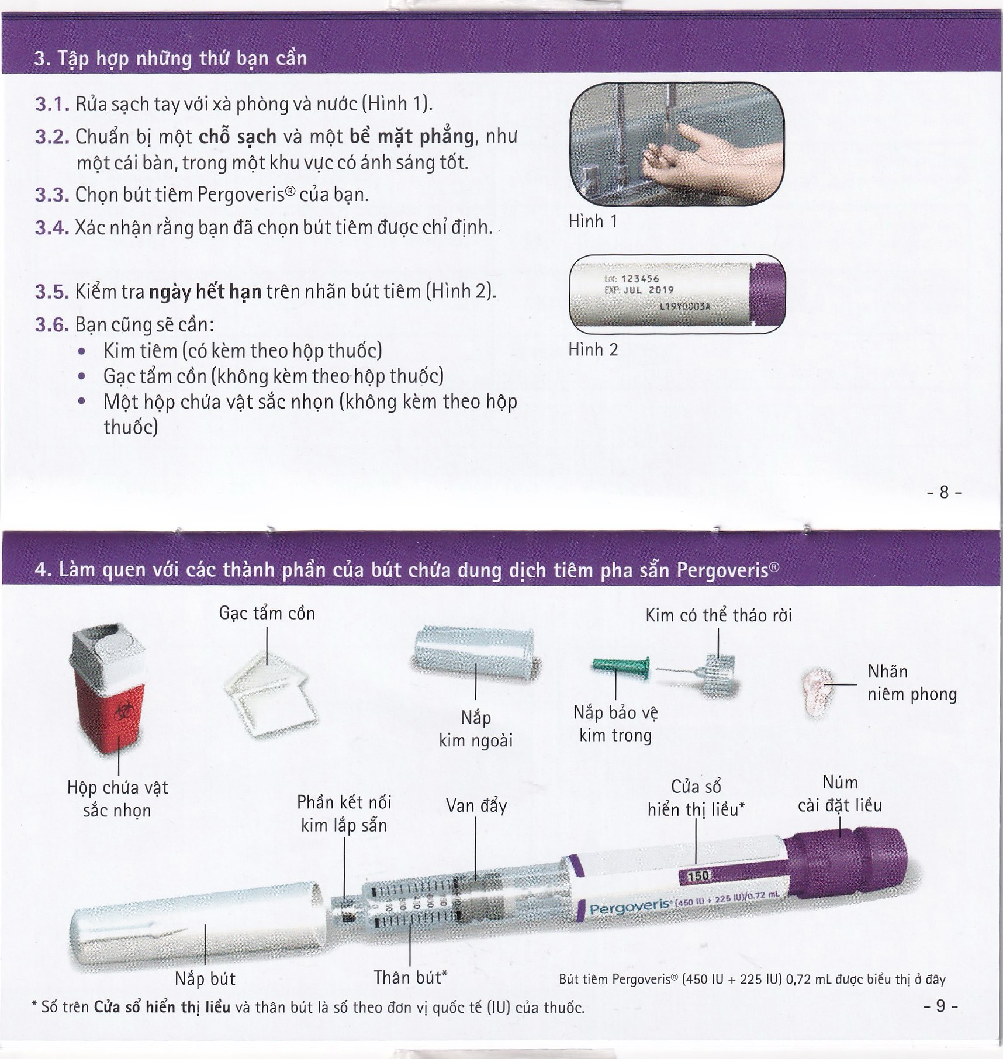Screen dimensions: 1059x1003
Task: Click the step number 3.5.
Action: [x=51, y=292]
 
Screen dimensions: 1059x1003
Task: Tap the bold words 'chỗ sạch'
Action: [x=237, y=136]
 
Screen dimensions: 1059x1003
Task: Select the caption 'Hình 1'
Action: [x=593, y=222]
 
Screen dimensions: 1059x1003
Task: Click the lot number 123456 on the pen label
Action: [x=640, y=279]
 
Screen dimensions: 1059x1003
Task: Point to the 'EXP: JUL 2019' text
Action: [x=639, y=290]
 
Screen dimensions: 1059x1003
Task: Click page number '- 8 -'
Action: [x=943, y=492]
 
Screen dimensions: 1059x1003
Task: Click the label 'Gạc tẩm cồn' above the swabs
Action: [x=267, y=613]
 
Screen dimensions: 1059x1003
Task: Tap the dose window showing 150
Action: [x=698, y=875]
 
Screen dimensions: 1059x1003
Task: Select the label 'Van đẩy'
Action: [x=476, y=806]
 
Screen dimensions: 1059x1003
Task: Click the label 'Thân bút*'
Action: [x=410, y=977]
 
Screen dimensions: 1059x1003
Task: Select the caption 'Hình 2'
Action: [x=593, y=349]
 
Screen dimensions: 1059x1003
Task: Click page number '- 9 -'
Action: [x=940, y=1005]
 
